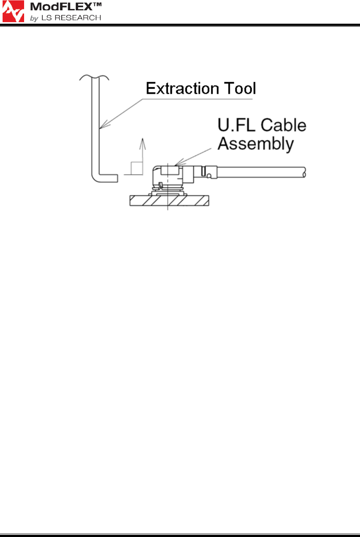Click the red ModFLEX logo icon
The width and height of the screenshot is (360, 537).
(13, 11)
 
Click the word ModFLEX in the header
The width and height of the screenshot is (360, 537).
(61, 7)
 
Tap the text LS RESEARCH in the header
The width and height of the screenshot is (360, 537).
(71, 18)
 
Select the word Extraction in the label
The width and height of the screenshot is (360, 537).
(182, 88)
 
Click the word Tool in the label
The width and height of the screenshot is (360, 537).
(240, 88)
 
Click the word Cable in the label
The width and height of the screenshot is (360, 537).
(284, 125)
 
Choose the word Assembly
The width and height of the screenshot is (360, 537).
(256, 144)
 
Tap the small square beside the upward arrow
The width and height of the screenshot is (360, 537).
(137, 168)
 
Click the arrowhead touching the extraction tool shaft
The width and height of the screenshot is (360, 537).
(103, 125)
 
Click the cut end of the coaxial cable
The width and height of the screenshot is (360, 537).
(304, 172)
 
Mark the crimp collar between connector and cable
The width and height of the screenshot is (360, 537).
(209, 172)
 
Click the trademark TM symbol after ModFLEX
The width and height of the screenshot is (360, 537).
(97, 5)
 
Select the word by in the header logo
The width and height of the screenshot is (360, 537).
(34, 18)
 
